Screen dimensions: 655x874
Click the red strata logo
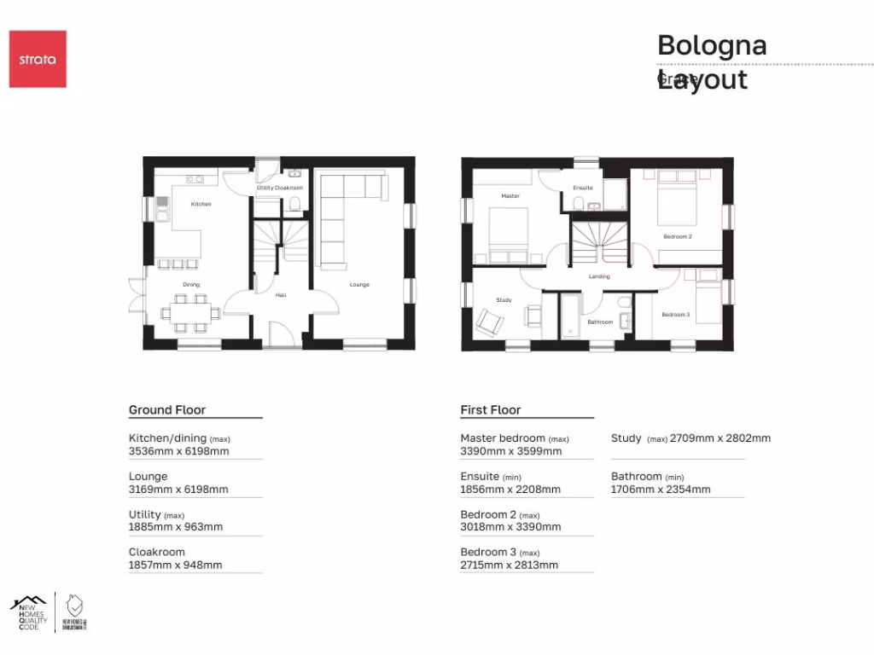38,59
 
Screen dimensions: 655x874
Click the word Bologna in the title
712,45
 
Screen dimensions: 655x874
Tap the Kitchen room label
201,204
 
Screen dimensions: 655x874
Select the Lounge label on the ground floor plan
359,284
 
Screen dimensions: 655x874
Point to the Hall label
280,295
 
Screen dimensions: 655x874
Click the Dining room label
190,284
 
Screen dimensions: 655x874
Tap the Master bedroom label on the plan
510,196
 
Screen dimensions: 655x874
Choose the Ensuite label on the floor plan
583,188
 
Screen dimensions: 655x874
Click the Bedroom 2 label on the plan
678,236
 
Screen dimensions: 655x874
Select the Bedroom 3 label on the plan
675,315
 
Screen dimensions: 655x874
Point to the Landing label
599,276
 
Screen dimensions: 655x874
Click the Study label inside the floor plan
503,299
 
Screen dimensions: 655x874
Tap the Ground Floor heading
167,410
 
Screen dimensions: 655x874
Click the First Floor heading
491,410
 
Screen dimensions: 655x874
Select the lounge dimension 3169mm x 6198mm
178,490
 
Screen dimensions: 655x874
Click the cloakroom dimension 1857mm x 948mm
175,565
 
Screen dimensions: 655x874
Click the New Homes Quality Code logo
28,612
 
